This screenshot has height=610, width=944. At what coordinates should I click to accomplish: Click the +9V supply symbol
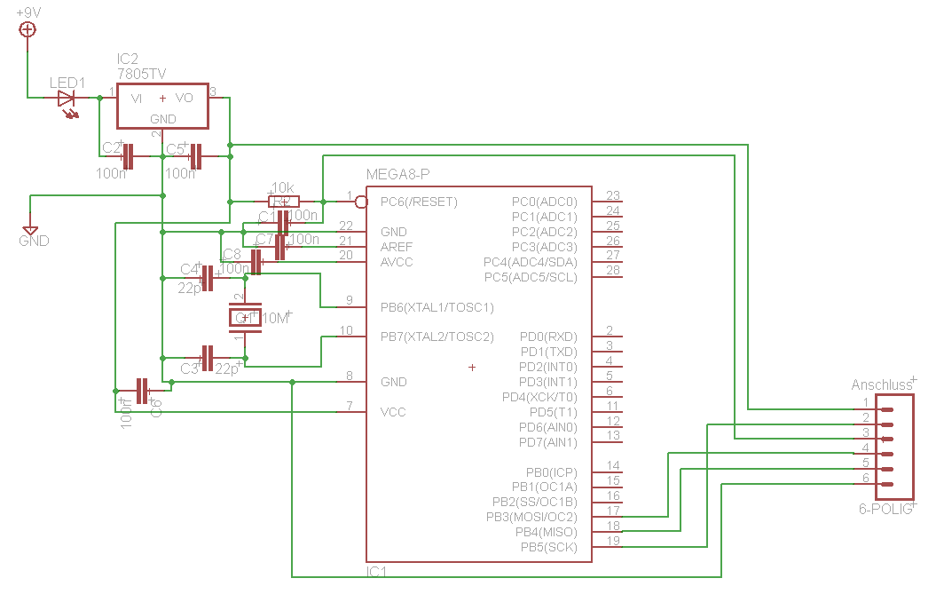coord(28,29)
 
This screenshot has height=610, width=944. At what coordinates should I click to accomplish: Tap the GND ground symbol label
coord(34,241)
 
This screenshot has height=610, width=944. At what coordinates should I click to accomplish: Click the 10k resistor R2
coord(284,201)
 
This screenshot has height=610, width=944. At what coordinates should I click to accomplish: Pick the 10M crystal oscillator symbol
coord(246,317)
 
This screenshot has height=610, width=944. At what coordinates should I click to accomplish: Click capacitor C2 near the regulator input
coord(128,157)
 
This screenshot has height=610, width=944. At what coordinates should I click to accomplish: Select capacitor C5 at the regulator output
coord(196,157)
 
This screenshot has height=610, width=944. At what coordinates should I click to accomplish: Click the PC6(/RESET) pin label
coord(419,202)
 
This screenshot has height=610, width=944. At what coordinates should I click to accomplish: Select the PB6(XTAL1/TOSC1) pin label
coord(437,307)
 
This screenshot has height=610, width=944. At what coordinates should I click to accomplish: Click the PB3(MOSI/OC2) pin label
coord(531,517)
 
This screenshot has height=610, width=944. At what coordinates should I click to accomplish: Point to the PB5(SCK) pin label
coord(548,547)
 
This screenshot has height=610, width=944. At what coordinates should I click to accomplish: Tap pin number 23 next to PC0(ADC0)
coord(612,195)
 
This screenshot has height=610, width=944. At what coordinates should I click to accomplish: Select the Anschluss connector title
coord(882,385)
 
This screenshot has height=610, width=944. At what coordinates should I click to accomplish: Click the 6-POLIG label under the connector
coord(885,510)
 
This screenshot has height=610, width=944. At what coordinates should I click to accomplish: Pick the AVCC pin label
coord(397,262)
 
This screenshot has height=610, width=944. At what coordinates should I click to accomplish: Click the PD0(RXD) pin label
coord(548,337)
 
